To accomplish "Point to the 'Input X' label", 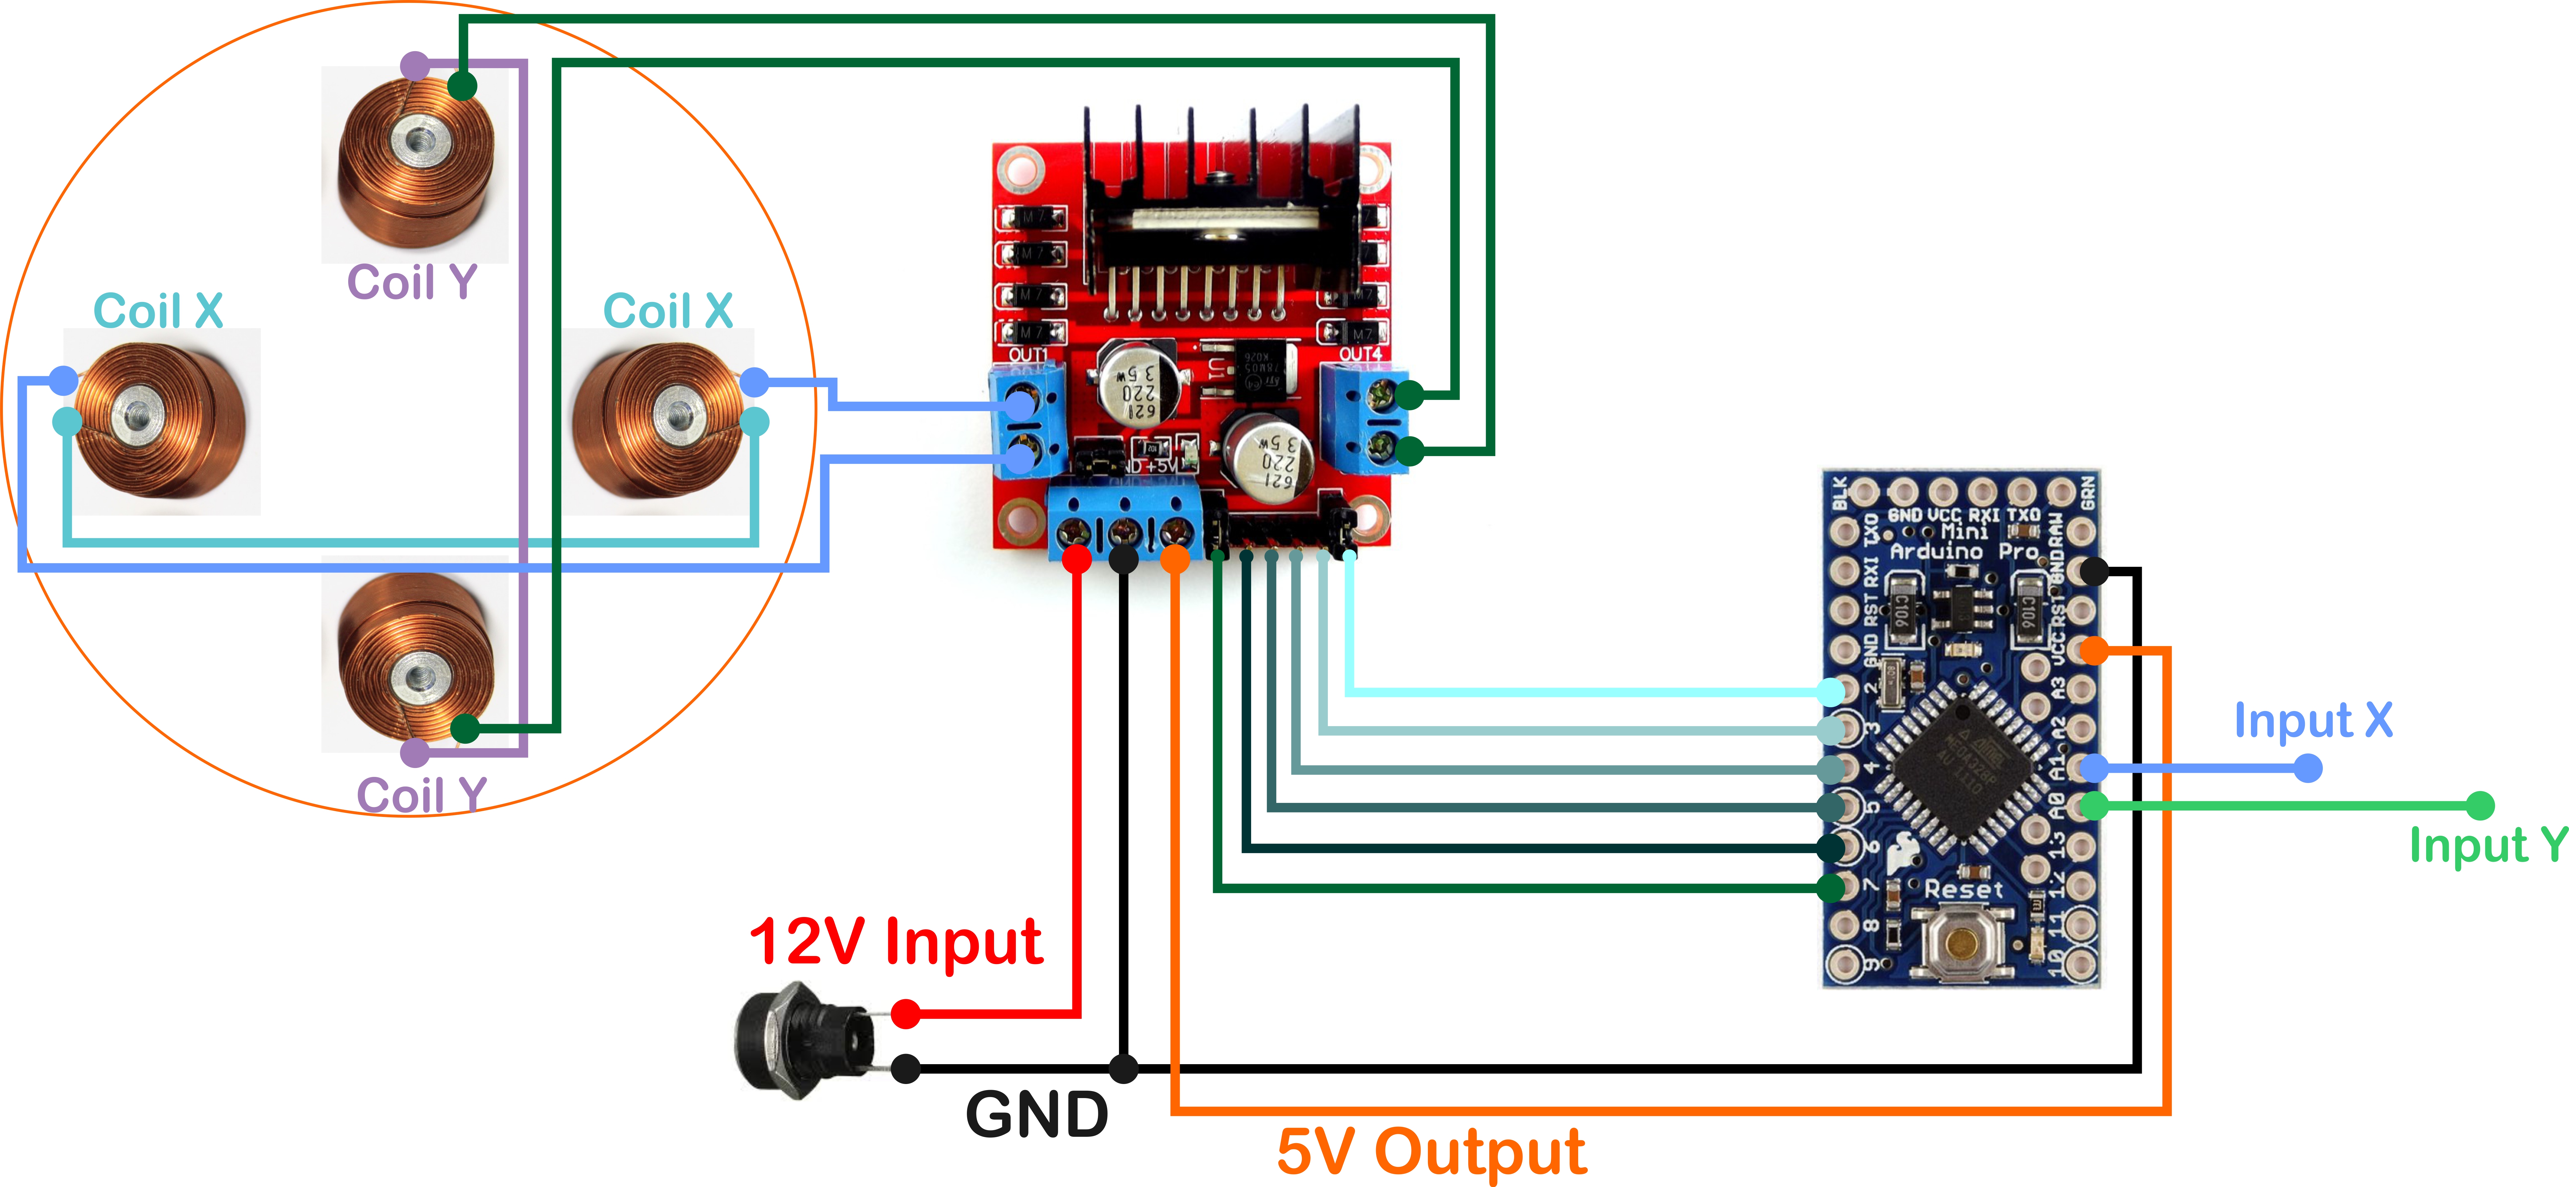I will [x=2312, y=720].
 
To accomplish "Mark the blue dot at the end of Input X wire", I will [x=2308, y=768].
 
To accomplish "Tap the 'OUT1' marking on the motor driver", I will [x=1028, y=354].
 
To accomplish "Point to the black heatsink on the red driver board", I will [x=1222, y=200].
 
